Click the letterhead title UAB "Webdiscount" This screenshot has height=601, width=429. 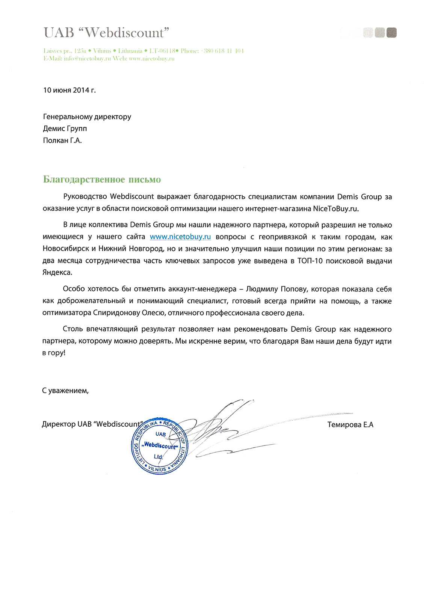pos(106,33)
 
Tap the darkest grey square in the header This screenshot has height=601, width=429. pos(391,33)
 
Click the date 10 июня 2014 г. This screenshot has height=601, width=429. pos(69,90)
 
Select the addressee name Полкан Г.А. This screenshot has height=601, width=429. pos(62,140)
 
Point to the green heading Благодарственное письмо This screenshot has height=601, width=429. pos(102,180)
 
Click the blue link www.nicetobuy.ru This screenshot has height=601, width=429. pos(180,237)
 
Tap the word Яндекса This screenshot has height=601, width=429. pos(57,272)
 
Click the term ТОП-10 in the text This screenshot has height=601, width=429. pos(310,261)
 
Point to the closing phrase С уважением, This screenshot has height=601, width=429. pos(65,391)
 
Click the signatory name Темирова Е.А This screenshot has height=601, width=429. pos(350,425)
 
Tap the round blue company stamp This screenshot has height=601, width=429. pos(159,446)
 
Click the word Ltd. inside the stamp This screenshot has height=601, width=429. pos(159,457)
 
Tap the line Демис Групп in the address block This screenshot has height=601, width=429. pos(65,128)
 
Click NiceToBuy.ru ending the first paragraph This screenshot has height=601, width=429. pos(336,208)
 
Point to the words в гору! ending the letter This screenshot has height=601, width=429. pos(54,353)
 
